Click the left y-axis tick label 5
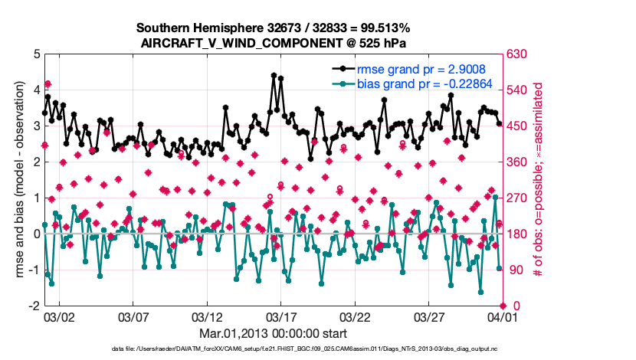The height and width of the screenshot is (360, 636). point(36,54)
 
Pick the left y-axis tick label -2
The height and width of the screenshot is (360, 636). point(34,306)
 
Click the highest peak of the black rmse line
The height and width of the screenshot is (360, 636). point(274,75)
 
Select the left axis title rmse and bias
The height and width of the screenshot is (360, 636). point(19,180)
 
